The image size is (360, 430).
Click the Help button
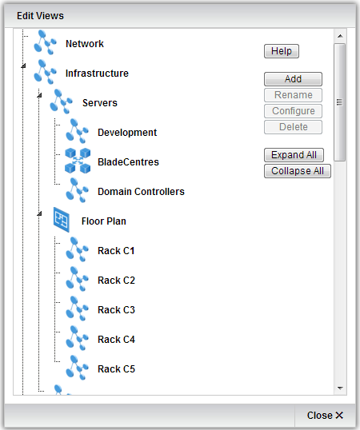(282, 51)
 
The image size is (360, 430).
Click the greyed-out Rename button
(293, 95)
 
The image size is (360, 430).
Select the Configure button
(293, 111)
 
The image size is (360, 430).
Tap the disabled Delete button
(293, 127)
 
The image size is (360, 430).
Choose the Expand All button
(294, 155)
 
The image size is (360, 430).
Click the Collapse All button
(298, 171)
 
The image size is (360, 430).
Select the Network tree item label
(85, 44)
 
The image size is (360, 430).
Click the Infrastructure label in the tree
(97, 74)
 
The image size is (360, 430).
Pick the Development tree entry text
(127, 133)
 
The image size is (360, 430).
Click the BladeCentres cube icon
(78, 161)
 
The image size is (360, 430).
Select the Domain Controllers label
(141, 192)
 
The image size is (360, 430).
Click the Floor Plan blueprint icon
(61, 220)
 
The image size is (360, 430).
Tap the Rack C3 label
(116, 310)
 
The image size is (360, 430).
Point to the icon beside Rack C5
(77, 368)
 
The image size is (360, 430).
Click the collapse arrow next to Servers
(39, 95)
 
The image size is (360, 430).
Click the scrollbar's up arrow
(340, 36)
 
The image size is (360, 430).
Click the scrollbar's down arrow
(340, 388)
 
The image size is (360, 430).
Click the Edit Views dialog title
(40, 16)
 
